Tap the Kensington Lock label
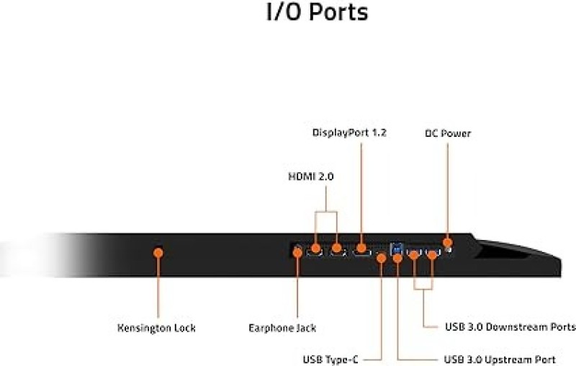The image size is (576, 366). (156, 328)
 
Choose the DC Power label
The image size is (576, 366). (447, 133)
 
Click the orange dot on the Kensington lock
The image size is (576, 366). (158, 252)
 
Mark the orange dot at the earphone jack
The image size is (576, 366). (297, 252)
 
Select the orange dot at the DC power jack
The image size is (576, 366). (447, 242)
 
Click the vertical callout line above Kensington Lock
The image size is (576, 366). (158, 288)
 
